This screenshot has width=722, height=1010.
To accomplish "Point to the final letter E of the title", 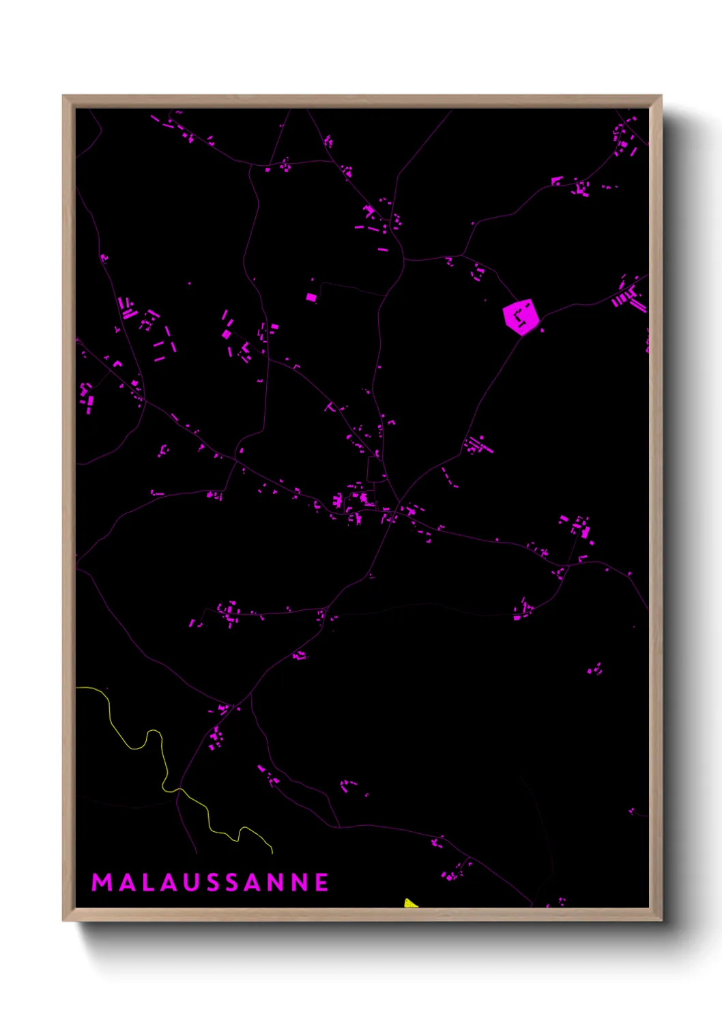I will pos(322,882).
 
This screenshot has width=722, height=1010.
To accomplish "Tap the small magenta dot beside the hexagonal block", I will pos(543,331).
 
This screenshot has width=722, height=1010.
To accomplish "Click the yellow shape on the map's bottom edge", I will pos(409,904).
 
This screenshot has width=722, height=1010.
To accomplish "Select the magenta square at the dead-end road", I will pos(311,298).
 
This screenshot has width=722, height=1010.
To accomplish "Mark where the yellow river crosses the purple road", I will pos(179,790).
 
